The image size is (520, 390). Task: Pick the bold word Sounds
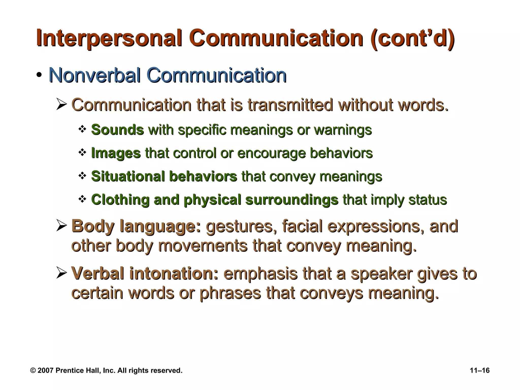tap(117, 130)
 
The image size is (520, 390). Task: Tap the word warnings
tap(343, 130)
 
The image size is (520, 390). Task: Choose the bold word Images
tap(116, 153)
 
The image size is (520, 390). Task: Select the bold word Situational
tap(128, 176)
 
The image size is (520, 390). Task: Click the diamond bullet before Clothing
tap(82, 199)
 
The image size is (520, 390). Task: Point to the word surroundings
tap(292, 200)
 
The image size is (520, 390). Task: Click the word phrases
tap(230, 293)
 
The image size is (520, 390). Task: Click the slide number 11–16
tap(480, 370)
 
